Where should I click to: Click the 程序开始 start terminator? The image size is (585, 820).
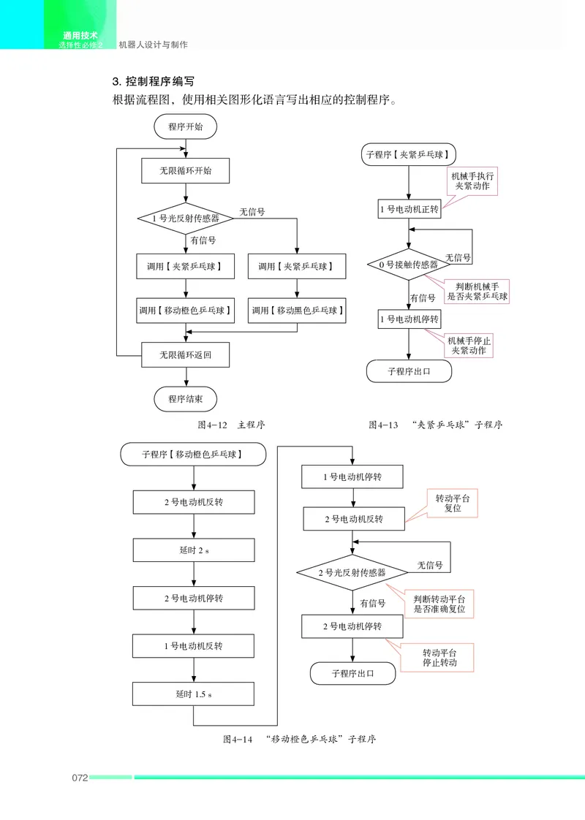(185, 126)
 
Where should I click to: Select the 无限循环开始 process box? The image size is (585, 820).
(185, 170)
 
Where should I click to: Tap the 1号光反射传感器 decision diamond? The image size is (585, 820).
(185, 218)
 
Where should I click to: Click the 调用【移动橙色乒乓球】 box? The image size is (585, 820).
(185, 310)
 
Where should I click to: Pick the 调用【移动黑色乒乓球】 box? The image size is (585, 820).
(297, 310)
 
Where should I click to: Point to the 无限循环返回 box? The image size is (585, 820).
(185, 355)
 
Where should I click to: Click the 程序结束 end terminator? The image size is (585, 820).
(185, 399)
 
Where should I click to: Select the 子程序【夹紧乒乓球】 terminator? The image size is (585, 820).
(408, 155)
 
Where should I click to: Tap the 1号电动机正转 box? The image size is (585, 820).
(409, 209)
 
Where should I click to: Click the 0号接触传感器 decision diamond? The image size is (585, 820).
(409, 265)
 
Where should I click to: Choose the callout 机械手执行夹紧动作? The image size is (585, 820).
(472, 181)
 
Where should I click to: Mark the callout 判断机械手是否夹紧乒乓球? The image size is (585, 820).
(477, 292)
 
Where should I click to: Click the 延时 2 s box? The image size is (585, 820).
(194, 550)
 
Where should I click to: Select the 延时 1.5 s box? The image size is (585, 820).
(193, 694)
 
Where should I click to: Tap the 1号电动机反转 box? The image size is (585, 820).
(193, 646)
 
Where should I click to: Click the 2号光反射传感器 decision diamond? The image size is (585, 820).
(352, 573)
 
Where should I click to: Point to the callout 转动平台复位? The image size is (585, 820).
(453, 503)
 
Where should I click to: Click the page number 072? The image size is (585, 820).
(80, 778)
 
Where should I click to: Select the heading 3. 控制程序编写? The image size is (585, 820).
(154, 82)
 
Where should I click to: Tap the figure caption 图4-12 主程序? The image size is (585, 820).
(231, 425)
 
